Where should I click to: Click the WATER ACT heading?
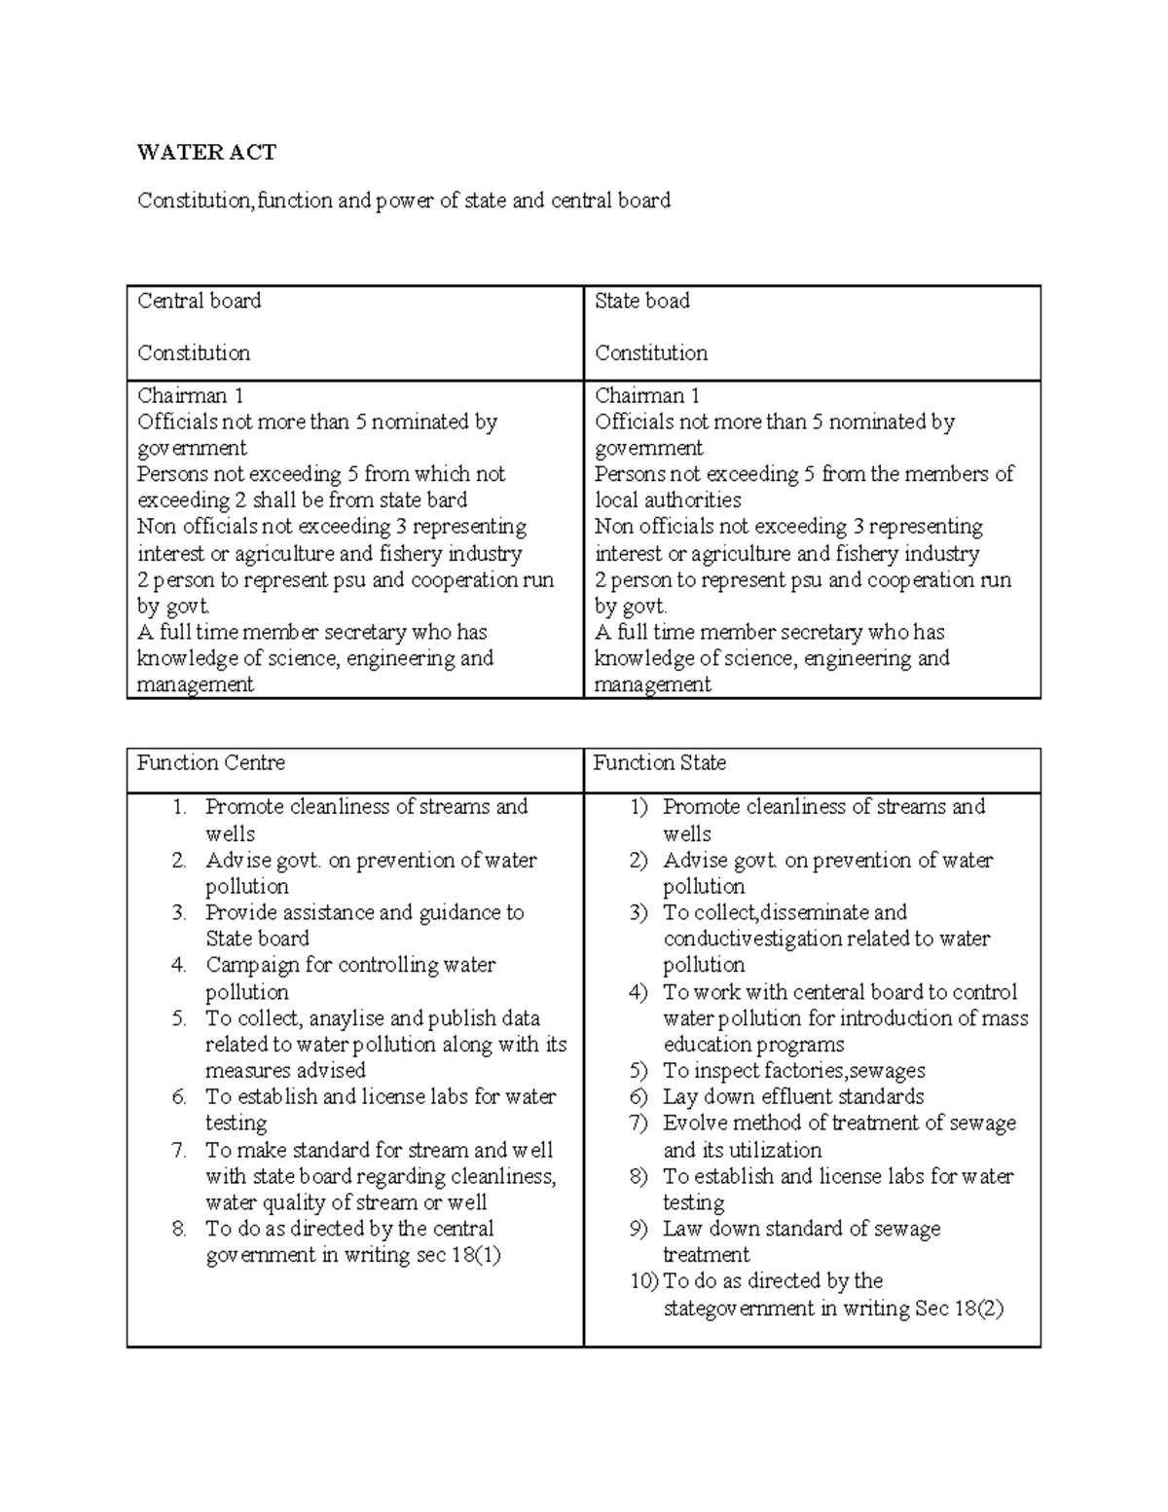206,152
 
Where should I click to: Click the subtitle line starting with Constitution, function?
403,201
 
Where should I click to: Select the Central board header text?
199,301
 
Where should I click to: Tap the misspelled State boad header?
641,301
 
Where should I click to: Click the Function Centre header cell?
210,763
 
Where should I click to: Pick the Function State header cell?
659,763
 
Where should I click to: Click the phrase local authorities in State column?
668,500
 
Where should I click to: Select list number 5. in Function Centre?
179,1018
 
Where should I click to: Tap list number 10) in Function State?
643,1281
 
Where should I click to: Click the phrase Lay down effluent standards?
793,1096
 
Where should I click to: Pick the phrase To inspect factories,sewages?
793,1070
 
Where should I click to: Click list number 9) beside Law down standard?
639,1229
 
